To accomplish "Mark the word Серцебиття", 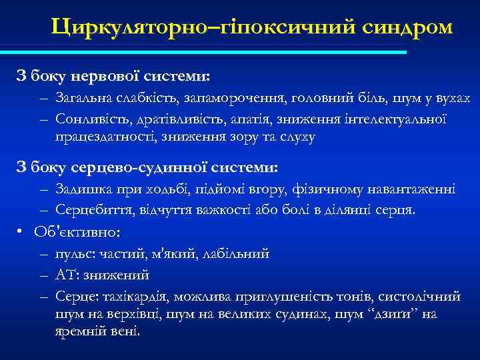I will pyautogui.click(x=89, y=209).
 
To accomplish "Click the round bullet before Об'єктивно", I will pyautogui.click(x=21, y=232).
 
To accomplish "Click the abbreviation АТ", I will pyautogui.click(x=67, y=275).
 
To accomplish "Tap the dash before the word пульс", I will pyautogui.click(x=43, y=254).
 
